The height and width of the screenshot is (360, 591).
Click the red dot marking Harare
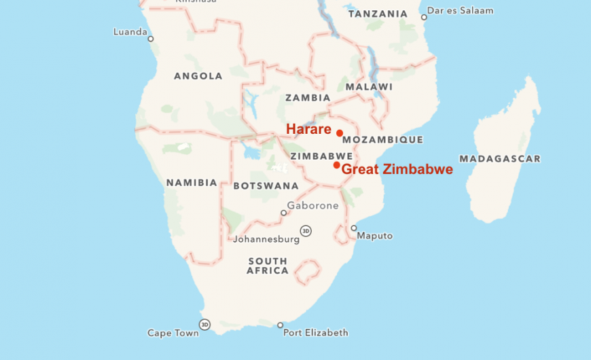(340, 133)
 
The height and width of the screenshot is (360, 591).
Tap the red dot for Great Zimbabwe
(336, 165)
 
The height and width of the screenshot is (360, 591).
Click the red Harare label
(308, 129)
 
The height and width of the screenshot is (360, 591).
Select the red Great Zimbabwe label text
(397, 170)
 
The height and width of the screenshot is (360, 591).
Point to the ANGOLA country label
(198, 76)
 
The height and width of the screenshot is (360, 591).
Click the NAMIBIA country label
(192, 183)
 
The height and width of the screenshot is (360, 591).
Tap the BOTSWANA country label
(266, 185)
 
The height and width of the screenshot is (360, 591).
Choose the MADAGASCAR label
(500, 159)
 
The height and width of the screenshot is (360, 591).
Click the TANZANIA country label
(378, 14)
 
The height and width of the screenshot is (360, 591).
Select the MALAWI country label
(369, 87)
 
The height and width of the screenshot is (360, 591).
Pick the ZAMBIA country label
(308, 98)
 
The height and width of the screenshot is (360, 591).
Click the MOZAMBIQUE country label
(382, 140)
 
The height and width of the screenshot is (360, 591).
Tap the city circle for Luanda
(151, 39)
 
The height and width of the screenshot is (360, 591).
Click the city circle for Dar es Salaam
(424, 17)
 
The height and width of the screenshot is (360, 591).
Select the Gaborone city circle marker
(284, 213)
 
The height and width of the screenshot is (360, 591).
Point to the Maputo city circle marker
(354, 228)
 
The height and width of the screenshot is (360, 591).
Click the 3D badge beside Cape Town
(204, 324)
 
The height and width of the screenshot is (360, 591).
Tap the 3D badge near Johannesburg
(306, 230)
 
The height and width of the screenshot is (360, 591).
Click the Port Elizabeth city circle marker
(280, 325)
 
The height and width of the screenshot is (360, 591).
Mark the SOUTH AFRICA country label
(268, 266)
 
